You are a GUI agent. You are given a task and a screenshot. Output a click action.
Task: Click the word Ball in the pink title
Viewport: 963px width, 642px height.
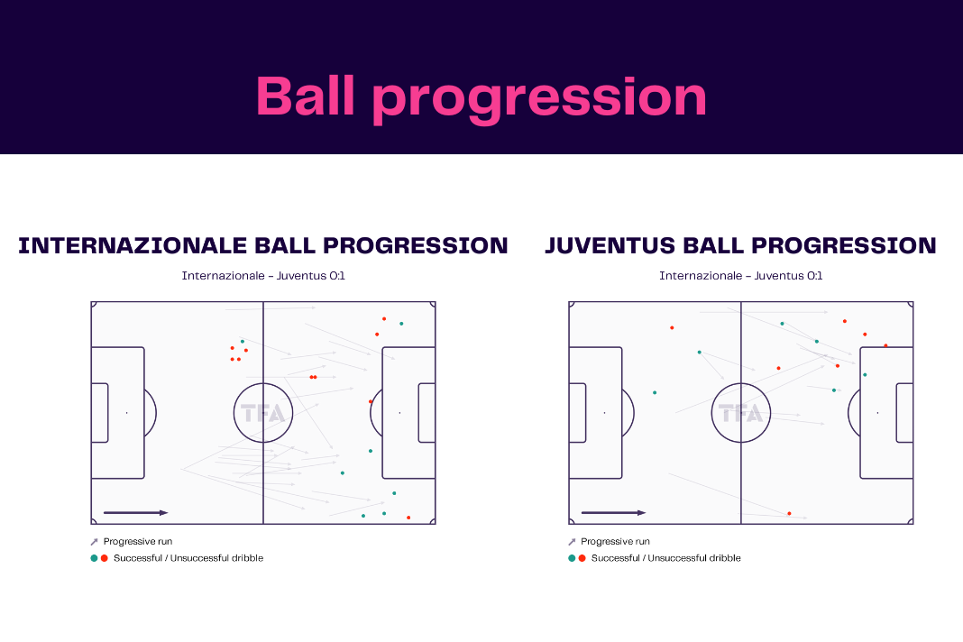coord(306,96)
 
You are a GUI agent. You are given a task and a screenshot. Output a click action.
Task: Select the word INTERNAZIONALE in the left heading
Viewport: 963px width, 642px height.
coord(133,246)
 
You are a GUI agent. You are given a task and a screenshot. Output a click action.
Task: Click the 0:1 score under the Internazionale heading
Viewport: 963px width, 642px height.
coord(337,276)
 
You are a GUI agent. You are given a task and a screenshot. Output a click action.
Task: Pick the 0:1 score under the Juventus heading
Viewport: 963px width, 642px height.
coord(814,276)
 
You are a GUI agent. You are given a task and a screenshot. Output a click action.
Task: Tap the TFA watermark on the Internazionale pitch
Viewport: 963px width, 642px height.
coord(263,414)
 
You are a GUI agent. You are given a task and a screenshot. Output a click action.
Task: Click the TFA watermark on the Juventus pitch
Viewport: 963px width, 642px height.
coord(740,414)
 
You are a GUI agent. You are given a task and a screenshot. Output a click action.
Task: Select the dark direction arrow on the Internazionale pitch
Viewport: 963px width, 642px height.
coord(136,512)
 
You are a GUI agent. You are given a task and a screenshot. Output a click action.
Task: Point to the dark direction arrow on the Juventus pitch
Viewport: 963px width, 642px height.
coord(613,512)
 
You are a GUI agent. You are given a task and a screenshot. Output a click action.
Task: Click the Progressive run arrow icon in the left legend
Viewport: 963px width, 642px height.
coord(94,542)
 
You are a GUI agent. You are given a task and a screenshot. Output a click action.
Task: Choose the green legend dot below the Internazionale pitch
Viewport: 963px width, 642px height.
coord(94,558)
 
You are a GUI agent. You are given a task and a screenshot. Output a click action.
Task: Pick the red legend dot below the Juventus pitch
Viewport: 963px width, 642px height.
coord(582,558)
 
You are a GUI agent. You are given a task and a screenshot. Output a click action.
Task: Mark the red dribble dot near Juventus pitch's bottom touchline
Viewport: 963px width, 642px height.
coord(789,513)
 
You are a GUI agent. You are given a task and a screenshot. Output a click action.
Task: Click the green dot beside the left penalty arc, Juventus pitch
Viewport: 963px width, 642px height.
coord(655,392)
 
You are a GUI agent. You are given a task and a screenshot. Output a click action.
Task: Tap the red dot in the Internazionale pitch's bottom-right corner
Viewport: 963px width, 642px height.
coord(408,518)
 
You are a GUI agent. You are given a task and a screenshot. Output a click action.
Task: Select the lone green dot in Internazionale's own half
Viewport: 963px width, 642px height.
coord(243,341)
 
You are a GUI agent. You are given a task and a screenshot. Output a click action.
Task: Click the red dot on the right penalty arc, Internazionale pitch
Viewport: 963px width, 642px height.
coord(371,402)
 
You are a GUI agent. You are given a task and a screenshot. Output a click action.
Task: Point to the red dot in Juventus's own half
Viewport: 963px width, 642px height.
coord(672,327)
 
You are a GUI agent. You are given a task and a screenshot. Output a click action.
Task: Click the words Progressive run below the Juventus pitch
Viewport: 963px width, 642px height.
coord(615,541)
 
